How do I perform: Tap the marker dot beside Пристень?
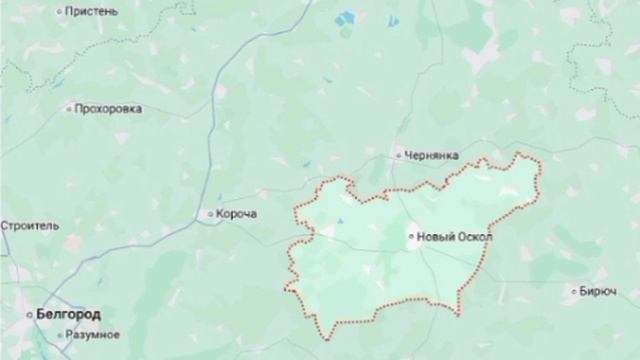tap(61, 11)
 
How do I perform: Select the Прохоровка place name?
tap(109, 108)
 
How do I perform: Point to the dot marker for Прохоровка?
tap(68, 108)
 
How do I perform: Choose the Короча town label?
tap(238, 214)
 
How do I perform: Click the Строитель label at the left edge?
tap(30, 226)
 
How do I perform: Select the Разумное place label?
tap(94, 334)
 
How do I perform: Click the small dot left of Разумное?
tap(60, 334)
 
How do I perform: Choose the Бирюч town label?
tap(597, 292)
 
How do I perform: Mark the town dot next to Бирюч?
tap(571, 292)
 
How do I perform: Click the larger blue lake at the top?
tap(346, 17)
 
